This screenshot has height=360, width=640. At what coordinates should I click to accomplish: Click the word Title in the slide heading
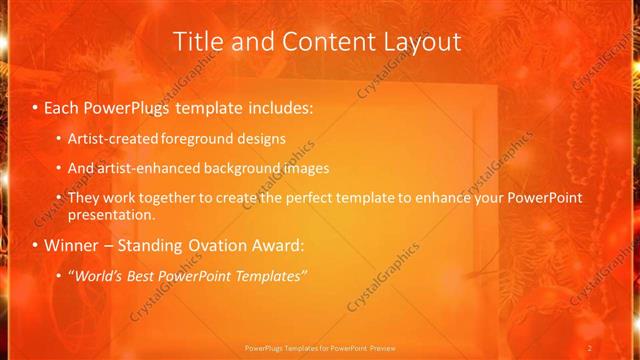pyautogui.click(x=197, y=42)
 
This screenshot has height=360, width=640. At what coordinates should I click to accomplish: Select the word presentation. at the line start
pyautogui.click(x=111, y=214)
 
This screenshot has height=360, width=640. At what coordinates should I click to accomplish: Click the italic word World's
pyautogui.click(x=101, y=275)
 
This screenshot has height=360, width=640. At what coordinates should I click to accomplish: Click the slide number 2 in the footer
pyautogui.click(x=590, y=347)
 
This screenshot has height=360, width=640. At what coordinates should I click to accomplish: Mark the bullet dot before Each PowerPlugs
pyautogui.click(x=36, y=107)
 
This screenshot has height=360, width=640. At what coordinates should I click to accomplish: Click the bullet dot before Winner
pyautogui.click(x=36, y=246)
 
